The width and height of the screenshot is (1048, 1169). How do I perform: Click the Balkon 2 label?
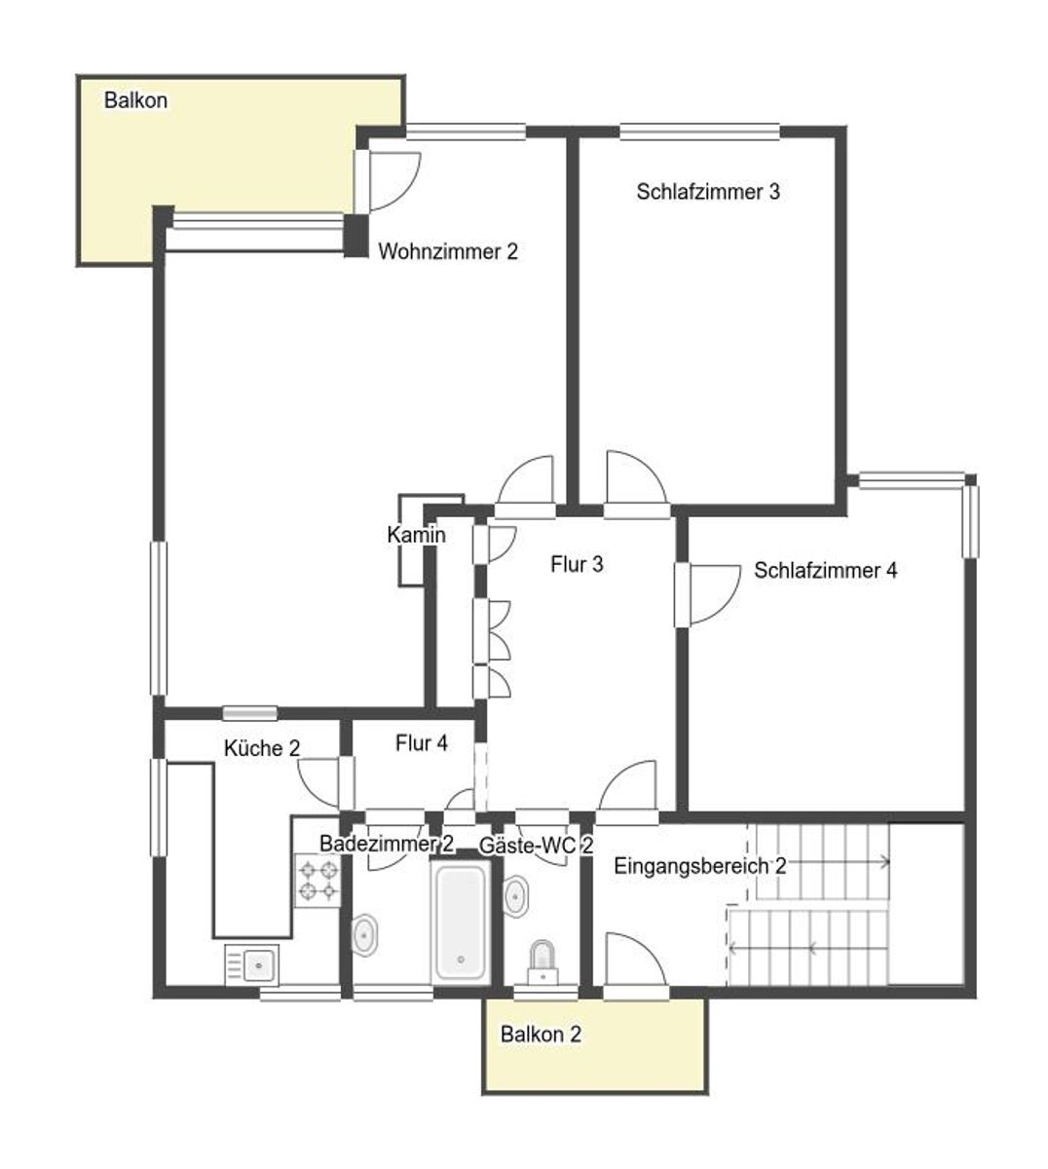point(541,1034)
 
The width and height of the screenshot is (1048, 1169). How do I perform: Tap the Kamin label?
point(416,535)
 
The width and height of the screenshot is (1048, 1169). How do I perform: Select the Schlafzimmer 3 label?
point(708,192)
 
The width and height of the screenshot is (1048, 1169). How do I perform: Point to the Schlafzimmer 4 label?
point(825,571)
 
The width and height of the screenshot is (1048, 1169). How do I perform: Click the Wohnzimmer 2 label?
point(448,251)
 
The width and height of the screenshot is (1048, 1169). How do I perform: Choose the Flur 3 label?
point(577,564)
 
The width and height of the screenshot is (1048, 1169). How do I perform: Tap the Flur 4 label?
point(422,743)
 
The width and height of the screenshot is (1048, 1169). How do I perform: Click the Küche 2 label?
point(262,748)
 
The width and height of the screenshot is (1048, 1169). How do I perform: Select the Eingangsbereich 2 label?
point(700,866)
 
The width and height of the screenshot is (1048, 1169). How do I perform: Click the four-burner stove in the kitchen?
point(318,880)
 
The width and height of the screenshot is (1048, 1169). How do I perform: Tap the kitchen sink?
point(251,964)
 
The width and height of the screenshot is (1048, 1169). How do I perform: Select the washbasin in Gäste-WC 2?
point(516,896)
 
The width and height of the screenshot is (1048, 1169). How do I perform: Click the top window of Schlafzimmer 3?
point(700,132)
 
